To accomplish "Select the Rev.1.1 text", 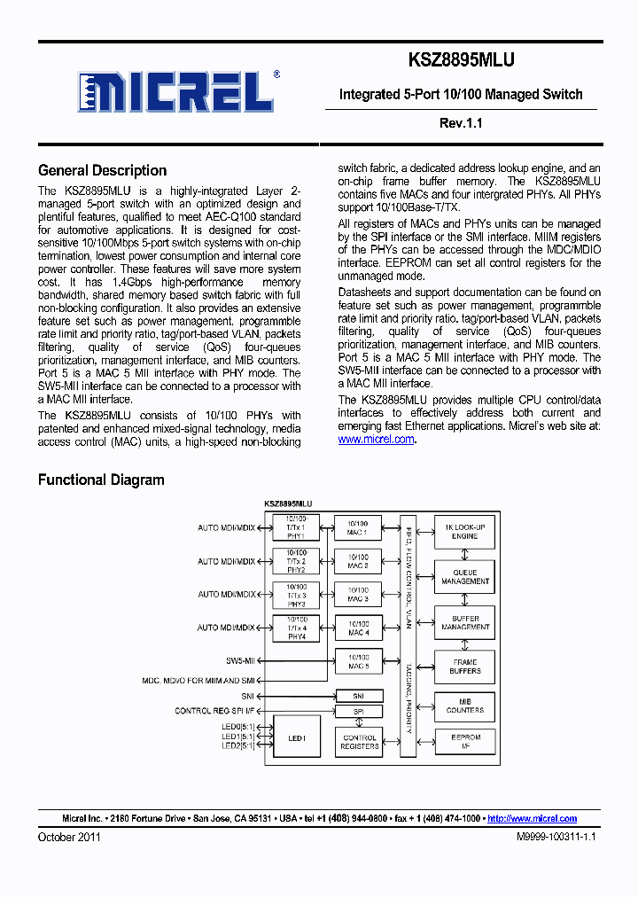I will pos(460,123).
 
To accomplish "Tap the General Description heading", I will pos(102,171).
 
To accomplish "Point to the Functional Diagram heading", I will pos(101,480).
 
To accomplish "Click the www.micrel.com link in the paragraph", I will pos(376,439).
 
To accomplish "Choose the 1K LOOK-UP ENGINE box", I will pos(464,532).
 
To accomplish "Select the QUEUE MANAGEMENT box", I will pos(464,577).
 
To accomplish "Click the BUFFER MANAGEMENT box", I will pos(464,623).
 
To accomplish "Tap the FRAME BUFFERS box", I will pos(464,667).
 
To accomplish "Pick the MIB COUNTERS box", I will pos(464,706).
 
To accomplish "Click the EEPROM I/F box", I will pos(464,742).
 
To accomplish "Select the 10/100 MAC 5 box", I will pos(358,660).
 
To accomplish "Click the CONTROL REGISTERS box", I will pos(359,742).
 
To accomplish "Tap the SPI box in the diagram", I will pos(359,712).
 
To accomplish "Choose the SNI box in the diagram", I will pos(359,696).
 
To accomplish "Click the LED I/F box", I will pos(296,738).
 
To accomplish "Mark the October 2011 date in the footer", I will pos(69,837).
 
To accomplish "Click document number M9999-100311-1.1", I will pos(557,837).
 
